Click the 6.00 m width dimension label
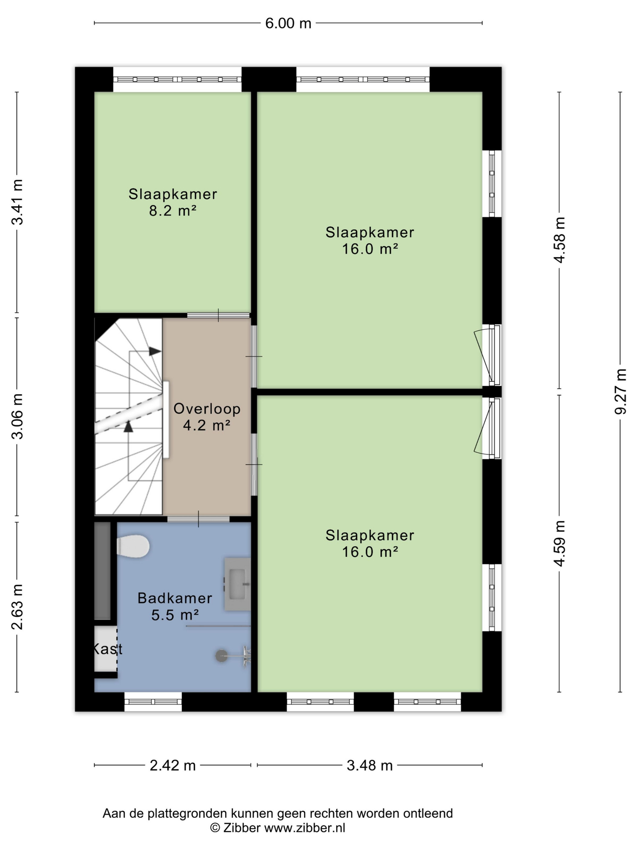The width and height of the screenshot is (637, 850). pyautogui.click(x=288, y=23)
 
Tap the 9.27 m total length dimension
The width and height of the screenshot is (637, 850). pyautogui.click(x=621, y=392)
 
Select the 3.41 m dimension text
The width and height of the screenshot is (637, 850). pyautogui.click(x=17, y=202)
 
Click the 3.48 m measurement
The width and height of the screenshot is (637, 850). pyautogui.click(x=370, y=766)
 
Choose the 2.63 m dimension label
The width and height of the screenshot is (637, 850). pyautogui.click(x=17, y=607)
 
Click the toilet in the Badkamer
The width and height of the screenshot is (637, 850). pyautogui.click(x=133, y=546)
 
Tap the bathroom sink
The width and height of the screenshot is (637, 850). pyautogui.click(x=237, y=584)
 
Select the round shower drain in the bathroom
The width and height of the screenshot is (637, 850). pyautogui.click(x=221, y=655)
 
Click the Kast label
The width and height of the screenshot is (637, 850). pyautogui.click(x=107, y=649)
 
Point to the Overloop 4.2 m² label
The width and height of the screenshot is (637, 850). pyautogui.click(x=207, y=417)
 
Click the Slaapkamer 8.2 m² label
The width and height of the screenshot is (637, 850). pyautogui.click(x=173, y=202)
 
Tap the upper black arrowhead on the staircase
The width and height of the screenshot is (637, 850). pyautogui.click(x=155, y=351)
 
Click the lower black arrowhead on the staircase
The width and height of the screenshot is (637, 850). pyautogui.click(x=128, y=427)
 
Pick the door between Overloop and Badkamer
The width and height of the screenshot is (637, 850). pyautogui.click(x=198, y=519)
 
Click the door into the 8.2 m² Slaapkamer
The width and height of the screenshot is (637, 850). pyautogui.click(x=218, y=315)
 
